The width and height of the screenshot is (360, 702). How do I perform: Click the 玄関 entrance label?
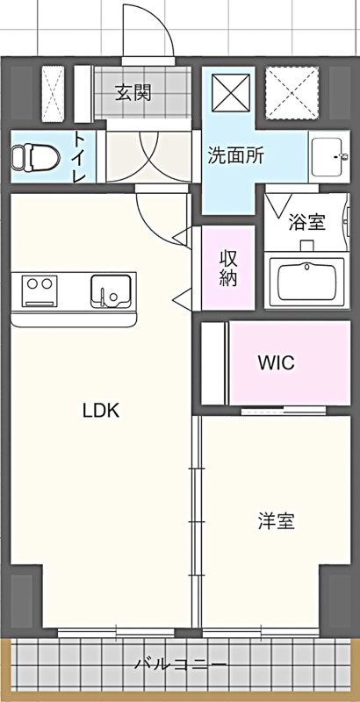[133, 93]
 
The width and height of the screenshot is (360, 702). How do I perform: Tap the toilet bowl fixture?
[36, 157]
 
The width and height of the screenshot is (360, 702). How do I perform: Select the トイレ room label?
[80, 157]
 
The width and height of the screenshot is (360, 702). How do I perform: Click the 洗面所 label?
[235, 155]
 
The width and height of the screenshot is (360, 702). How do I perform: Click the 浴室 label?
[306, 222]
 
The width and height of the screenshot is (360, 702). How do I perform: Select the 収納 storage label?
[228, 268]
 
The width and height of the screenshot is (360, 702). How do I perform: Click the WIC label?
[276, 362]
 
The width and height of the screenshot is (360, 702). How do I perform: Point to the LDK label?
[101, 410]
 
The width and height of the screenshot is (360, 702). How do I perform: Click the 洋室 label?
[276, 521]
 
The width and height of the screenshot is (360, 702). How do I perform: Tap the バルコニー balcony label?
[181, 663]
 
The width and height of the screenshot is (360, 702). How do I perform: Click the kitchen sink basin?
[111, 291]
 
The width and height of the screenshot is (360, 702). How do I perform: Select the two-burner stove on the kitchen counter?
[40, 291]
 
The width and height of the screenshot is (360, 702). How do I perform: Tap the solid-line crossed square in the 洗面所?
[231, 93]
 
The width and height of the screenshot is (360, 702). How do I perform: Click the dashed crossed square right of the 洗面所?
[292, 93]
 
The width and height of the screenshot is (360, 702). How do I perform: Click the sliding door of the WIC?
[284, 410]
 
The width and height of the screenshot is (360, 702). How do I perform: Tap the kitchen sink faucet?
[104, 297]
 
